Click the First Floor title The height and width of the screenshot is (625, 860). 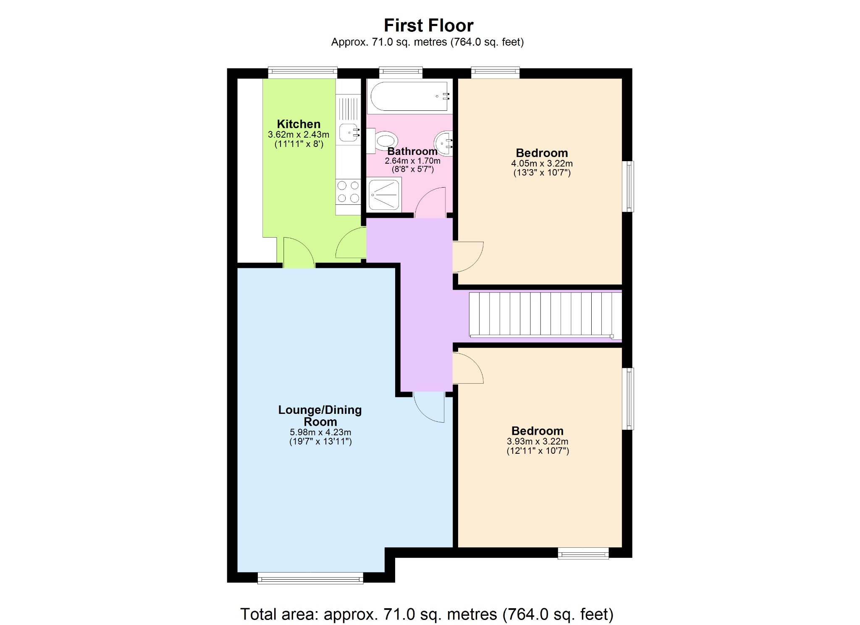pyautogui.click(x=428, y=26)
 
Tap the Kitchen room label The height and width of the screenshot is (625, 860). pyautogui.click(x=299, y=124)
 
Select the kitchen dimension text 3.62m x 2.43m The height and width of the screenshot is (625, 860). pyautogui.click(x=299, y=135)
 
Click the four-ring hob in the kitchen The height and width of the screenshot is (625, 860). pyautogui.click(x=348, y=191)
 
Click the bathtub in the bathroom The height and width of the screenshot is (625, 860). pyautogui.click(x=409, y=97)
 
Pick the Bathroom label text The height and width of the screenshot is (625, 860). pyautogui.click(x=412, y=152)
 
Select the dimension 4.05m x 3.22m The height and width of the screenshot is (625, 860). pyautogui.click(x=542, y=163)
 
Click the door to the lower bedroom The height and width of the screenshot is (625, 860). pyautogui.click(x=467, y=368)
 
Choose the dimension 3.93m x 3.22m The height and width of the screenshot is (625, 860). pyautogui.click(x=537, y=441)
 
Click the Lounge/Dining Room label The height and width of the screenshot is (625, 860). pyautogui.click(x=320, y=416)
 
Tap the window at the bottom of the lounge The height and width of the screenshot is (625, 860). pyautogui.click(x=310, y=579)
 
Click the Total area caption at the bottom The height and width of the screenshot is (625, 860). pyautogui.click(x=427, y=614)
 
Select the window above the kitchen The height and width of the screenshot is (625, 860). pyautogui.click(x=302, y=72)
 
